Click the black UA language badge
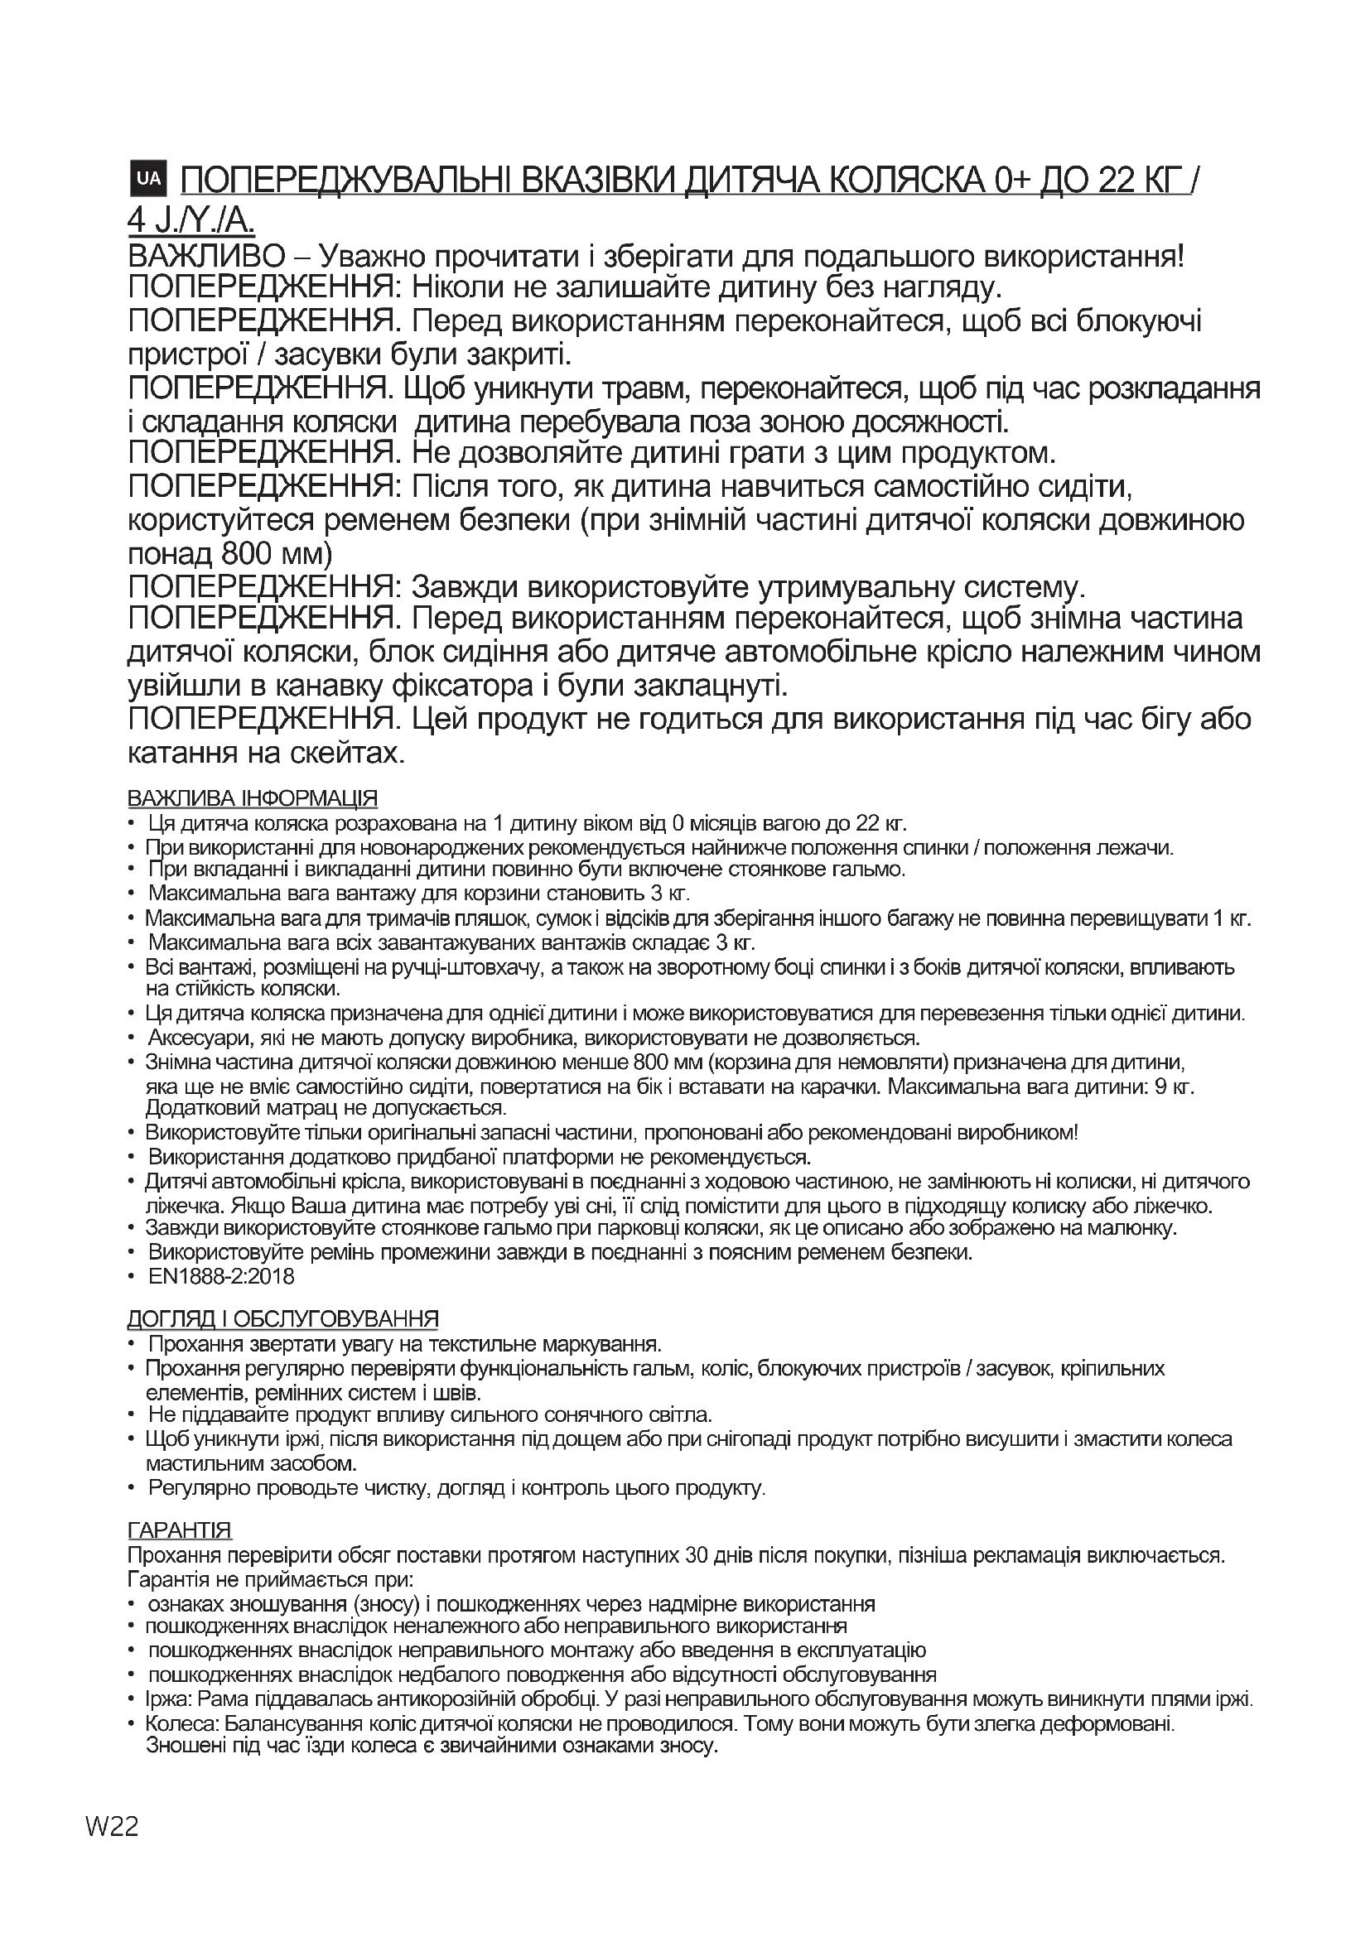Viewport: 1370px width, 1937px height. pyautogui.click(x=147, y=177)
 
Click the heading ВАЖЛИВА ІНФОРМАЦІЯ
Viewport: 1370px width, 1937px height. pyautogui.click(x=253, y=797)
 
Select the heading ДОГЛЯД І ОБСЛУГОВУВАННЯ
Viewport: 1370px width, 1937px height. pyautogui.click(x=282, y=1318)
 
